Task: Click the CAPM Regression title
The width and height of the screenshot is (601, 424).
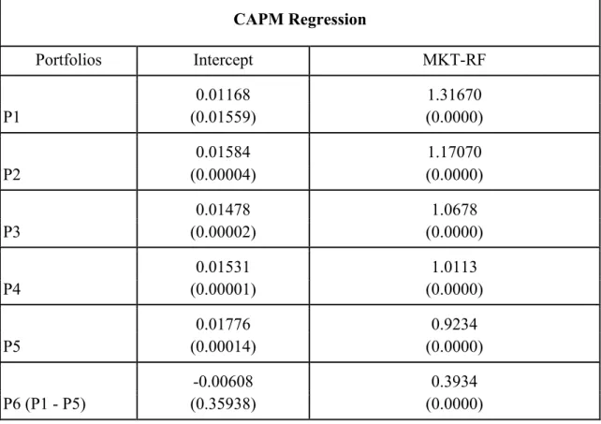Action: [300, 19]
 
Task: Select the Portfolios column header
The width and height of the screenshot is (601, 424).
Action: [68, 60]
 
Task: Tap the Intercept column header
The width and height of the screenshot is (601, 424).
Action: [223, 60]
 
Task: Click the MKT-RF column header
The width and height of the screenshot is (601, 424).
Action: [454, 60]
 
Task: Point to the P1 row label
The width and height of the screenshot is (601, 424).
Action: [11, 117]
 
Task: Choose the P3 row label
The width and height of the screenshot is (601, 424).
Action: [11, 232]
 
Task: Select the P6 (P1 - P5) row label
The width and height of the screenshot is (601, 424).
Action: [44, 403]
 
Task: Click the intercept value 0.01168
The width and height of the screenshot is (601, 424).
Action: [223, 95]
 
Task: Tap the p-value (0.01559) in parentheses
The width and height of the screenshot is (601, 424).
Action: [223, 117]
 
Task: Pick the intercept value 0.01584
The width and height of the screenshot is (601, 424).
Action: [223, 152]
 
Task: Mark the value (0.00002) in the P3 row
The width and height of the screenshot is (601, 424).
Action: [223, 232]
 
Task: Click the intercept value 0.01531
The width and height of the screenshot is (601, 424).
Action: [223, 267]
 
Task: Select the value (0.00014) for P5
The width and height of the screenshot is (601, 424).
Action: [223, 346]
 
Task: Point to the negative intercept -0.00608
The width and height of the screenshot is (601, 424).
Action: [223, 382]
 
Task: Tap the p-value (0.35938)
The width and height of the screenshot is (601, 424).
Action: [223, 403]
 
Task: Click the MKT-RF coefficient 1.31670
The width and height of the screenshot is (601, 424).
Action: [455, 95]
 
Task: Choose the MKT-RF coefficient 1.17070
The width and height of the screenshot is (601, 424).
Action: [455, 152]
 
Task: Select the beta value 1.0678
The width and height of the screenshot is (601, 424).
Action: [455, 210]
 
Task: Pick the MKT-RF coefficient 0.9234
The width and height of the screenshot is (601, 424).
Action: [455, 325]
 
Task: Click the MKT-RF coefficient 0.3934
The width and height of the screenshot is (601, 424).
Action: [455, 382]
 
